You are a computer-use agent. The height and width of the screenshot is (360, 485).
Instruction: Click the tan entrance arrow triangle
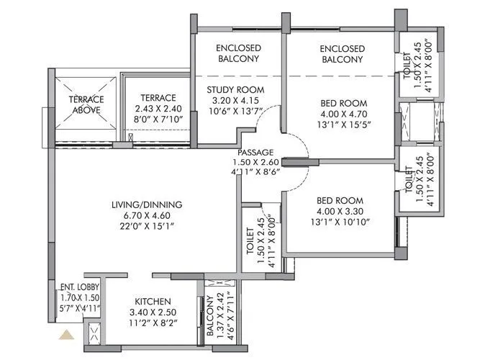(x=68, y=334)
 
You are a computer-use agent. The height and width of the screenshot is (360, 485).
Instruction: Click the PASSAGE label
(x=255, y=152)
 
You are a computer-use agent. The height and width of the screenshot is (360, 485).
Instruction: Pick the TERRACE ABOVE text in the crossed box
(x=86, y=104)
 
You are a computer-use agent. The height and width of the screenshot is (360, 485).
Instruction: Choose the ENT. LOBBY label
(x=80, y=287)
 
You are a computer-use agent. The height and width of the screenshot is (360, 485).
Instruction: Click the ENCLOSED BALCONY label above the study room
(x=238, y=53)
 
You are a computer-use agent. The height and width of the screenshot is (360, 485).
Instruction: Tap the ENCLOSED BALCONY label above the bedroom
(x=343, y=54)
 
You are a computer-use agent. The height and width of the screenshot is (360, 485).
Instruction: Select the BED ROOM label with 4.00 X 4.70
(x=343, y=103)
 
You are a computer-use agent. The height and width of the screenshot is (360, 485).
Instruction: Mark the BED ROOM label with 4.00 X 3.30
(x=340, y=200)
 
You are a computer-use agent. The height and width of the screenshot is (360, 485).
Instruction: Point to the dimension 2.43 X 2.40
(x=158, y=109)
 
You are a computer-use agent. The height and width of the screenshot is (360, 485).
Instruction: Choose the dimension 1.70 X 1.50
(x=80, y=297)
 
